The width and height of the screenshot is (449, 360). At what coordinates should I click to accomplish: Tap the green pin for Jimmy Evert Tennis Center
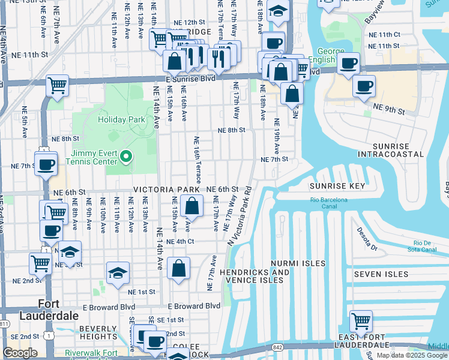tap(125, 157)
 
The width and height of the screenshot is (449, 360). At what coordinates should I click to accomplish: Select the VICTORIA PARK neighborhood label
tap(166, 190)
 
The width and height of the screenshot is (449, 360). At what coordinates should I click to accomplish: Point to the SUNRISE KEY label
tap(338, 186)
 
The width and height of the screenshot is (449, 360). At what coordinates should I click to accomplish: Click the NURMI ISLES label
tap(298, 263)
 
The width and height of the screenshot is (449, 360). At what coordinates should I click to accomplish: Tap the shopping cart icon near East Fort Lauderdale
tap(361, 322)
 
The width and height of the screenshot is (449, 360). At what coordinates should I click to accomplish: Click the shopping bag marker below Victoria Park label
tap(191, 207)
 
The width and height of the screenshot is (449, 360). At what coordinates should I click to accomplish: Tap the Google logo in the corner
tap(20, 353)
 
